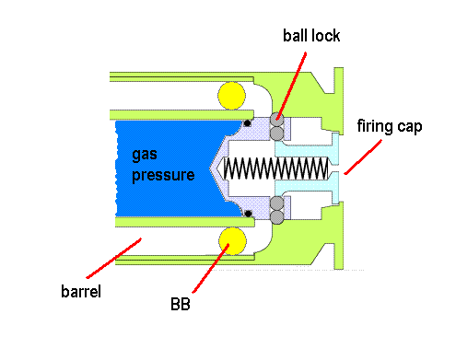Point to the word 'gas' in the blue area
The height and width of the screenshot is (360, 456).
(x=143, y=155)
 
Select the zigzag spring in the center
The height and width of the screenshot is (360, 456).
(x=276, y=169)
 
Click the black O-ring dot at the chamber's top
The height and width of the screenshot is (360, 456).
(x=247, y=123)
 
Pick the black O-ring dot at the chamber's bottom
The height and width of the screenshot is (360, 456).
(x=247, y=214)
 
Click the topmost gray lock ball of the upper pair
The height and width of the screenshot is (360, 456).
(x=276, y=118)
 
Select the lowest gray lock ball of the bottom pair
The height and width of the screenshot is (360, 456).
(x=276, y=218)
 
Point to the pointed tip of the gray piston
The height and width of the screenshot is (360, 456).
(x=213, y=169)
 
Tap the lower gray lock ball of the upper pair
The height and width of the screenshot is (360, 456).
(x=276, y=134)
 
